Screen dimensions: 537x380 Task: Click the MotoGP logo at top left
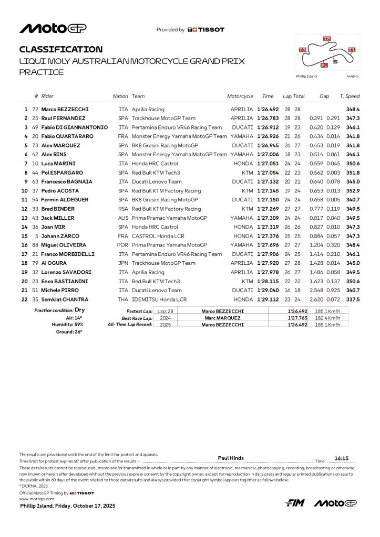coord(53,28)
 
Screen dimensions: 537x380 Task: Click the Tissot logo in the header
coord(206,30)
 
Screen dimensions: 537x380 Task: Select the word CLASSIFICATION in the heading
coord(61,49)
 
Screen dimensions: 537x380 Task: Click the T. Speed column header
coord(350,96)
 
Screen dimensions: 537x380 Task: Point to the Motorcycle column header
coord(240,96)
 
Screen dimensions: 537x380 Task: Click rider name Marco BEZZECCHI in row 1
coord(65,109)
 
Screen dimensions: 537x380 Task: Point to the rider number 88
coord(35,245)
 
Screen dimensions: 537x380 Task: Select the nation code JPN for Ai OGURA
coord(124,263)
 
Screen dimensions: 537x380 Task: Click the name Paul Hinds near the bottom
coord(231,458)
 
